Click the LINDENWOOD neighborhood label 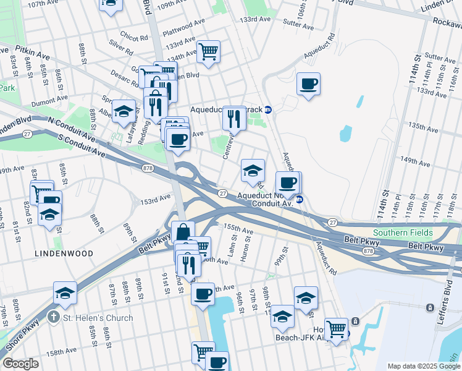pos(64,254)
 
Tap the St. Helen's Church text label pos(98,318)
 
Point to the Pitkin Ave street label pos(29,56)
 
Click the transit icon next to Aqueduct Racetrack pos(268,109)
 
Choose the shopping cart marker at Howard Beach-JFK pos(336,328)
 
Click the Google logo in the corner pos(21,364)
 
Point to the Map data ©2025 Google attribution pos(424,366)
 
